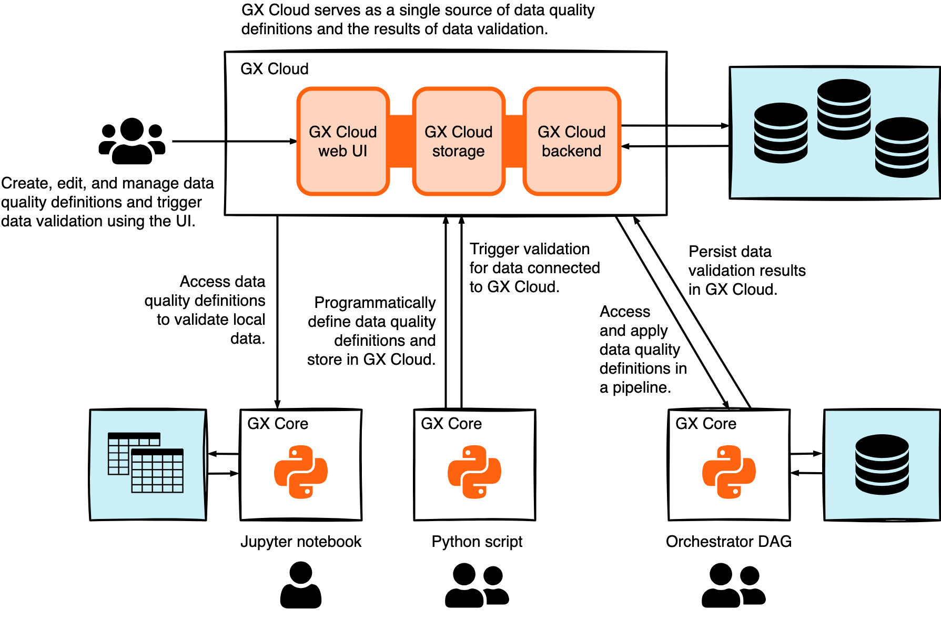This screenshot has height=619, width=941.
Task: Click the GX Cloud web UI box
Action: [x=343, y=142]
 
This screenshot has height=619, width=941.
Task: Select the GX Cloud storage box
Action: [x=459, y=142]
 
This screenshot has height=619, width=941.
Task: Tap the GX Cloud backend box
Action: [x=572, y=142]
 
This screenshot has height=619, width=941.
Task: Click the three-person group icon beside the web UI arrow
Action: [x=132, y=141]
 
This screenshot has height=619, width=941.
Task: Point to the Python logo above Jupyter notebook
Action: [x=301, y=472]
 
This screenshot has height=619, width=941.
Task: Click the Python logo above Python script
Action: [x=474, y=472]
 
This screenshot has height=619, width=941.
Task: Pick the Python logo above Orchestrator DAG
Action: [x=729, y=472]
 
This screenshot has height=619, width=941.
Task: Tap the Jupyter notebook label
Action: [x=301, y=542]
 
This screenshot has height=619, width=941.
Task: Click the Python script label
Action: [x=477, y=542]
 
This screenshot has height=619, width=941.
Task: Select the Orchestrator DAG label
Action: [x=728, y=542]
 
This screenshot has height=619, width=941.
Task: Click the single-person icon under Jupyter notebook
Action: [x=301, y=585]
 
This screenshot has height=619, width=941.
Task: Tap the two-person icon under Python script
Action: [x=477, y=585]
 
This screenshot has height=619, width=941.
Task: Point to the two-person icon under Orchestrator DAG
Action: [x=733, y=585]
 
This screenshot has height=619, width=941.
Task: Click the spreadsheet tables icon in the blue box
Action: [x=146, y=463]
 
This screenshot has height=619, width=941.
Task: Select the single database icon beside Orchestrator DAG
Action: [x=882, y=464]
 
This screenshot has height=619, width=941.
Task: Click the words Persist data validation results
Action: [x=747, y=271]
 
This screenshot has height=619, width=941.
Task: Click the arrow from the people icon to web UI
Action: [x=234, y=141]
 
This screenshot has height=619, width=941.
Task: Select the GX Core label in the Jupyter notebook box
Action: [x=278, y=424]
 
